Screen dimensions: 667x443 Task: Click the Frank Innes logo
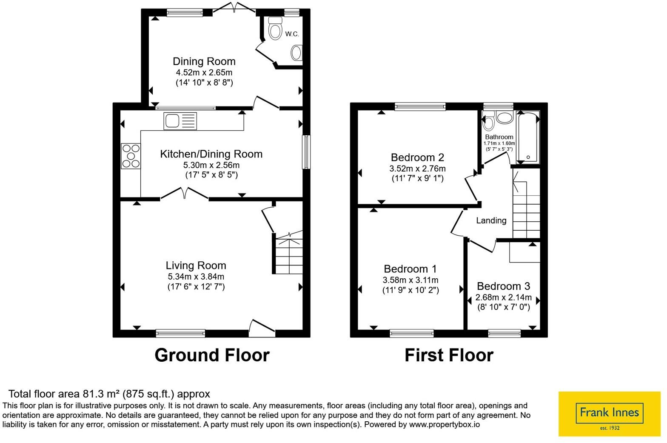[x=609, y=414]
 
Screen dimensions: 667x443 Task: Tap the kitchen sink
[x=180, y=121]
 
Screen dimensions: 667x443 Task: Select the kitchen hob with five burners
[x=131, y=156]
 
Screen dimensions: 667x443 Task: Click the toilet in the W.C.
[x=275, y=29]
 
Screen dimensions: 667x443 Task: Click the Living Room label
[x=196, y=266]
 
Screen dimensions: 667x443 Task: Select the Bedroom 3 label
[x=504, y=286]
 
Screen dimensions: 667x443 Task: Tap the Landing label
[x=491, y=220]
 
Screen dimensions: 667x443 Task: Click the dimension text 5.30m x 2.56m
[x=211, y=165]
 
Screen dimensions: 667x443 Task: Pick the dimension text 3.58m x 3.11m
[x=410, y=280]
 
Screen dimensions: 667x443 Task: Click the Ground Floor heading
[x=212, y=355]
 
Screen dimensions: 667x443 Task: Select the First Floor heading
[x=449, y=355]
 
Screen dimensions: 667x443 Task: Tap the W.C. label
[x=292, y=34]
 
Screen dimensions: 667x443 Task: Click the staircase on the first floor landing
[x=527, y=206]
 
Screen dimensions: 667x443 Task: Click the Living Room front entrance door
[x=262, y=328]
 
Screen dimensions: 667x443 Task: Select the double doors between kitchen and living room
[x=185, y=193]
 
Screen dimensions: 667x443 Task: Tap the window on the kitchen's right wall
[x=306, y=152]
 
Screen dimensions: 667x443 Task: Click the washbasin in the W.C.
[x=296, y=53]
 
